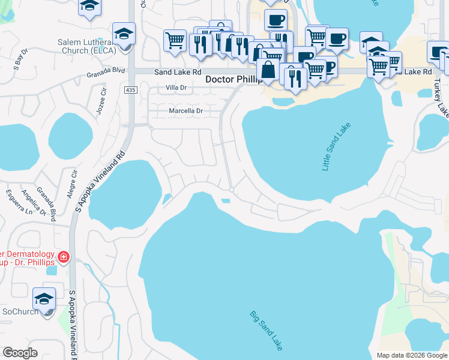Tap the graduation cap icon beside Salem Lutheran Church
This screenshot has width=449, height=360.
coord(124,34)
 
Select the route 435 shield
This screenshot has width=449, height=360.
coord(130,89)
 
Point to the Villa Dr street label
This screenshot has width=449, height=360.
coord(177,88)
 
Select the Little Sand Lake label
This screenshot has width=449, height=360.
coord(336,147)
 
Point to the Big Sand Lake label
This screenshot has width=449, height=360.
coord(266,331)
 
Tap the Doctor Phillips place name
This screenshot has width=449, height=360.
coord(234,79)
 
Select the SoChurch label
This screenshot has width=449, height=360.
coord(20,311)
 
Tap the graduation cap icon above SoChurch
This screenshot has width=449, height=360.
coord(44,298)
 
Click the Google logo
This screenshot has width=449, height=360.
coord(20,353)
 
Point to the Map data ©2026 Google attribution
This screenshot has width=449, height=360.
coord(412,355)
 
